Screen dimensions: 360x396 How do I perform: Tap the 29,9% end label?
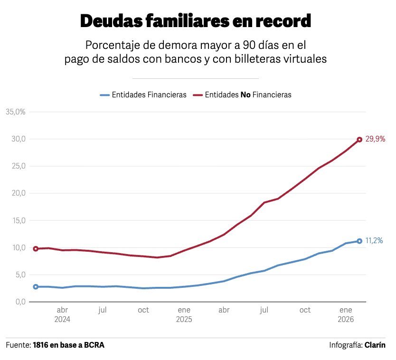[x=375, y=140]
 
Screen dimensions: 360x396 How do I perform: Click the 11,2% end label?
[x=374, y=241]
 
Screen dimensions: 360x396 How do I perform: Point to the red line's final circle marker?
[x=359, y=140]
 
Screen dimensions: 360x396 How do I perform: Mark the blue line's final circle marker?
[x=359, y=241]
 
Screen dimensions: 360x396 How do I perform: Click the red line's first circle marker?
[x=36, y=248]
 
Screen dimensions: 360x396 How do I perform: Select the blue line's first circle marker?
[x=36, y=287]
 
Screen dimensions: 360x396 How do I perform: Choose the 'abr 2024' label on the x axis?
[x=62, y=314]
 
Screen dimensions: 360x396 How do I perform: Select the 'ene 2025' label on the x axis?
[x=184, y=314]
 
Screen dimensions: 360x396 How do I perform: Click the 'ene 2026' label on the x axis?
[x=346, y=314]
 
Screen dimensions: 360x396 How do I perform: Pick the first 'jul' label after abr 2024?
[x=103, y=310]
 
